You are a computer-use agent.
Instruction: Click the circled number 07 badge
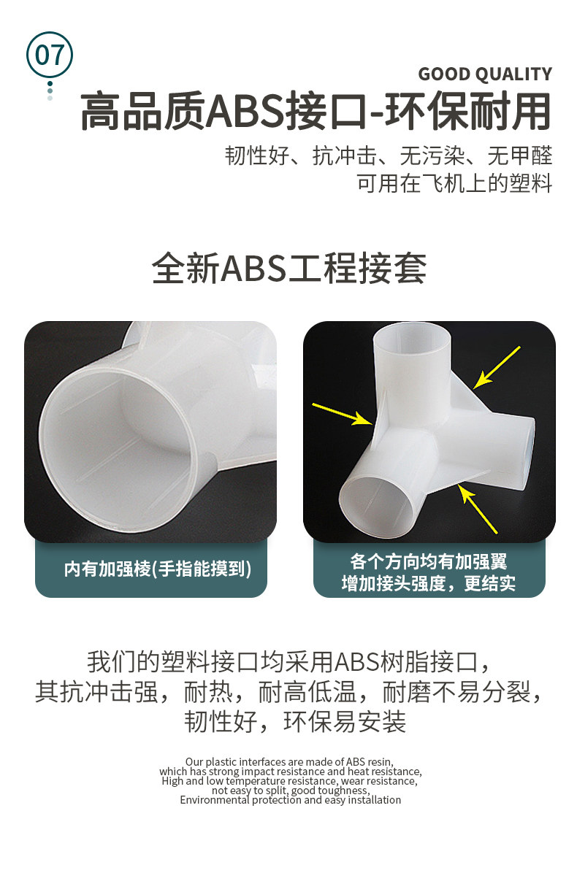(50, 55)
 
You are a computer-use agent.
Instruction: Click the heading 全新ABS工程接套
(289, 268)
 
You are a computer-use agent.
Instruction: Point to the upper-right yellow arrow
(496, 367)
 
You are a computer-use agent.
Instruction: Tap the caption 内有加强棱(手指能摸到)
(158, 569)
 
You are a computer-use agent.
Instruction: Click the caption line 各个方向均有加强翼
(428, 561)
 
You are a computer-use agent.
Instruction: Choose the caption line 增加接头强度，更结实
(428, 583)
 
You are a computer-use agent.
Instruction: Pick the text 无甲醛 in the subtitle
(519, 155)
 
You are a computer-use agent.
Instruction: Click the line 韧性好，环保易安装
(295, 722)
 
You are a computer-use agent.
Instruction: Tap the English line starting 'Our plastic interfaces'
(289, 761)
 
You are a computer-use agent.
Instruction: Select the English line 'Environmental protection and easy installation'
(290, 800)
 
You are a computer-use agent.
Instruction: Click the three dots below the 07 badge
(50, 91)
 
